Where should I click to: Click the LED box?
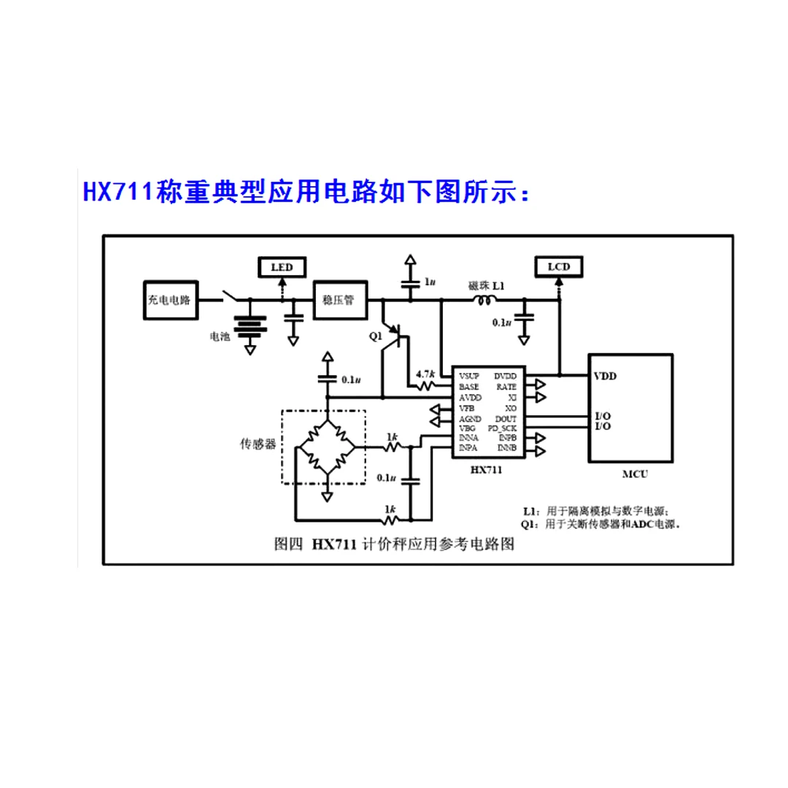pyautogui.click(x=282, y=268)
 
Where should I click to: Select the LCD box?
pyautogui.click(x=559, y=267)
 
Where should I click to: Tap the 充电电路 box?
pyautogui.click(x=169, y=300)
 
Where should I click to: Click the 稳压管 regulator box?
pyautogui.click(x=340, y=300)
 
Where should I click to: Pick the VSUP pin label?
pyautogui.click(x=469, y=376)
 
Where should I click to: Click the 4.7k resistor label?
pyautogui.click(x=425, y=374)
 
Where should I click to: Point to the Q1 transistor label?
pyautogui.click(x=375, y=336)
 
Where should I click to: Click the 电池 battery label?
pyautogui.click(x=220, y=336)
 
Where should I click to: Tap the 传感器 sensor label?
pyautogui.click(x=258, y=444)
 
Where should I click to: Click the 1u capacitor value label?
pyautogui.click(x=430, y=282)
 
